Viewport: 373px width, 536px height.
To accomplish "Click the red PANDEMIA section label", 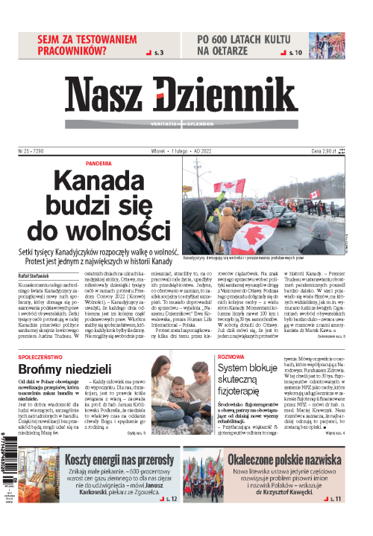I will pyautogui.click(x=99, y=163).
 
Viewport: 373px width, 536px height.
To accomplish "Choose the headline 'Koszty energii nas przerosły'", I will pyautogui.click(x=120, y=459).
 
